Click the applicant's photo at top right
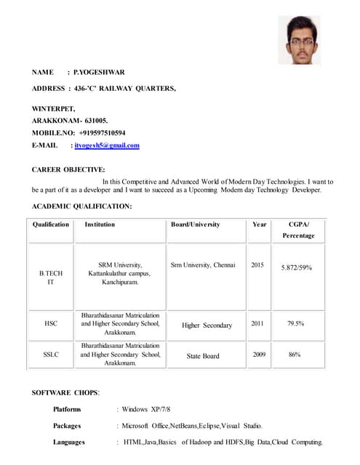[x=299, y=40]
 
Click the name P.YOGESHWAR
[x=100, y=72]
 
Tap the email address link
[x=107, y=145]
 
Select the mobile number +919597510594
[x=98, y=133]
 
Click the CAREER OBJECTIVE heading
[x=68, y=169]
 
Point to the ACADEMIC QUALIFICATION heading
[x=82, y=206]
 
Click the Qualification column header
[x=51, y=225]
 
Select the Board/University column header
[x=195, y=225]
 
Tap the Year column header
[x=260, y=225]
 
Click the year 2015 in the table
[x=257, y=265]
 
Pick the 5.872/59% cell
[x=297, y=267]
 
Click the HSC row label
[x=51, y=323]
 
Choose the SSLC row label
[x=51, y=355]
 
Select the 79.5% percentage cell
[x=295, y=323]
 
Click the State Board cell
[x=203, y=356]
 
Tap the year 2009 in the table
[x=258, y=355]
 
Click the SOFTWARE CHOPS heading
[x=65, y=393]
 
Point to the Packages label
[x=67, y=426]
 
